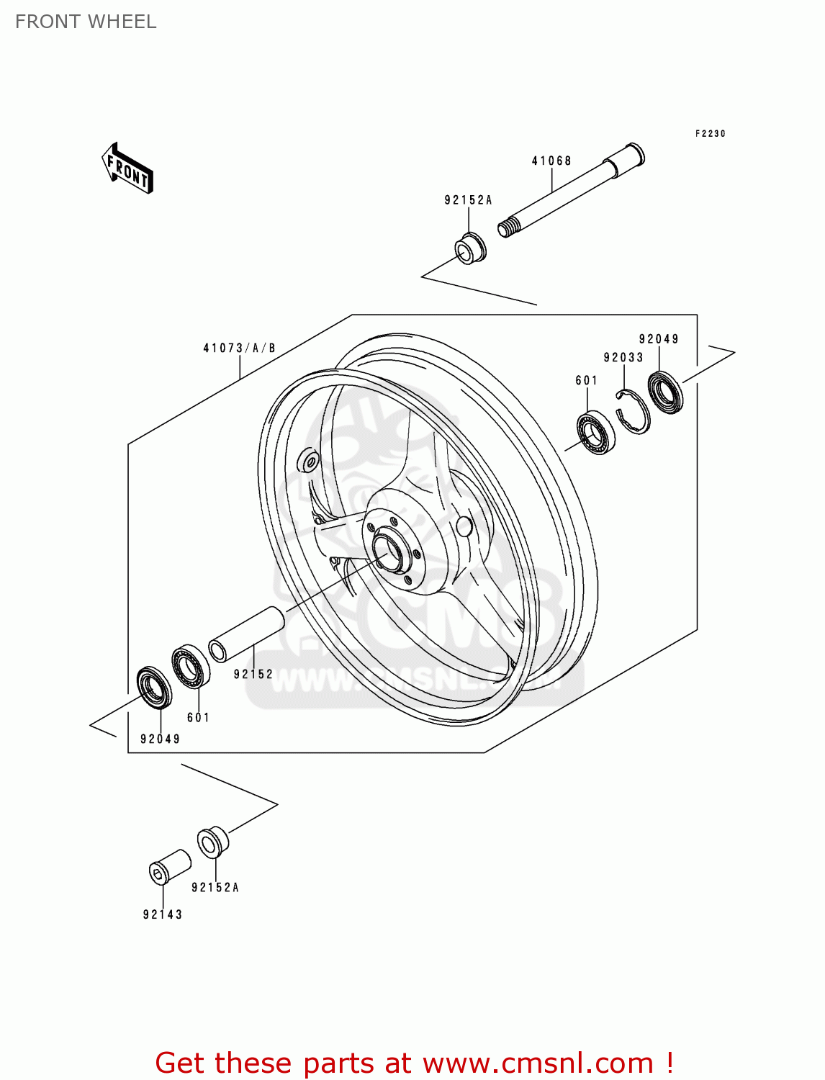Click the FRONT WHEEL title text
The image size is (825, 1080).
coord(86,22)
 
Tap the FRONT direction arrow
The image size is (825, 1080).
coord(128,168)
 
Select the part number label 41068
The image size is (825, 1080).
coord(551,161)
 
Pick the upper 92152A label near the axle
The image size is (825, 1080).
coord(468,200)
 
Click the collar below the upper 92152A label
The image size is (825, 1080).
coord(471,248)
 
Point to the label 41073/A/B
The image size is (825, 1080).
coord(239,348)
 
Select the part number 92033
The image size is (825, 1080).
coord(623,358)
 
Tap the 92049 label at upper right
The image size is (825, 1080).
coord(659,339)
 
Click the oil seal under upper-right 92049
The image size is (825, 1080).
coord(666,392)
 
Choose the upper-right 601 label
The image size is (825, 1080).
coord(587,380)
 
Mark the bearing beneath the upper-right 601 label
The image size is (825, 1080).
coord(596,433)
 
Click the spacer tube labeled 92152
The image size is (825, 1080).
coord(247,633)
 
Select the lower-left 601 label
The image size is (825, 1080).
coord(198,717)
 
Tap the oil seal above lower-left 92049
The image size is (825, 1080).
coord(154,688)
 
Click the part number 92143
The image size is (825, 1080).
coord(163,914)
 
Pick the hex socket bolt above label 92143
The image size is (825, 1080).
coord(169,867)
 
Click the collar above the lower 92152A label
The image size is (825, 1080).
coord(213,842)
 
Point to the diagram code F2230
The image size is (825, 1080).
coord(710,134)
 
